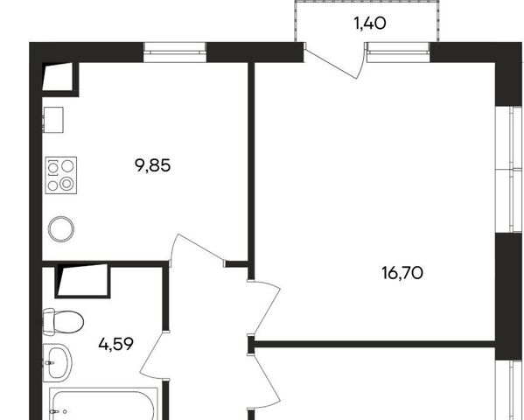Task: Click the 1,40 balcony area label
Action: point(370,24)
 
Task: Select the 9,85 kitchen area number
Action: point(153,165)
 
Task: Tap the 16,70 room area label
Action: point(402,273)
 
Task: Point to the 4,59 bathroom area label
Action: point(116,344)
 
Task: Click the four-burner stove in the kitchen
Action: point(61,175)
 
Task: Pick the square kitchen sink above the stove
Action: point(53,120)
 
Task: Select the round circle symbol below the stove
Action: point(61,229)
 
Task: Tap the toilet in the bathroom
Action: point(63,322)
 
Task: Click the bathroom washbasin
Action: point(58,363)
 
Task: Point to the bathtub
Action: point(103,403)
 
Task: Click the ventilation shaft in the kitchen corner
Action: point(58,77)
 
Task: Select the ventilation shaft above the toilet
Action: point(82,280)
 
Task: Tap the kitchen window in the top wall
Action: point(175,52)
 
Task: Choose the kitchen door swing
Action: point(197,250)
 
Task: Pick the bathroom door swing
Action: point(155,355)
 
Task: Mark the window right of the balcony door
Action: point(398,52)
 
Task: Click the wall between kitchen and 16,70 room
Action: point(251,171)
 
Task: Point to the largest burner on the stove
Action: point(66,183)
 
